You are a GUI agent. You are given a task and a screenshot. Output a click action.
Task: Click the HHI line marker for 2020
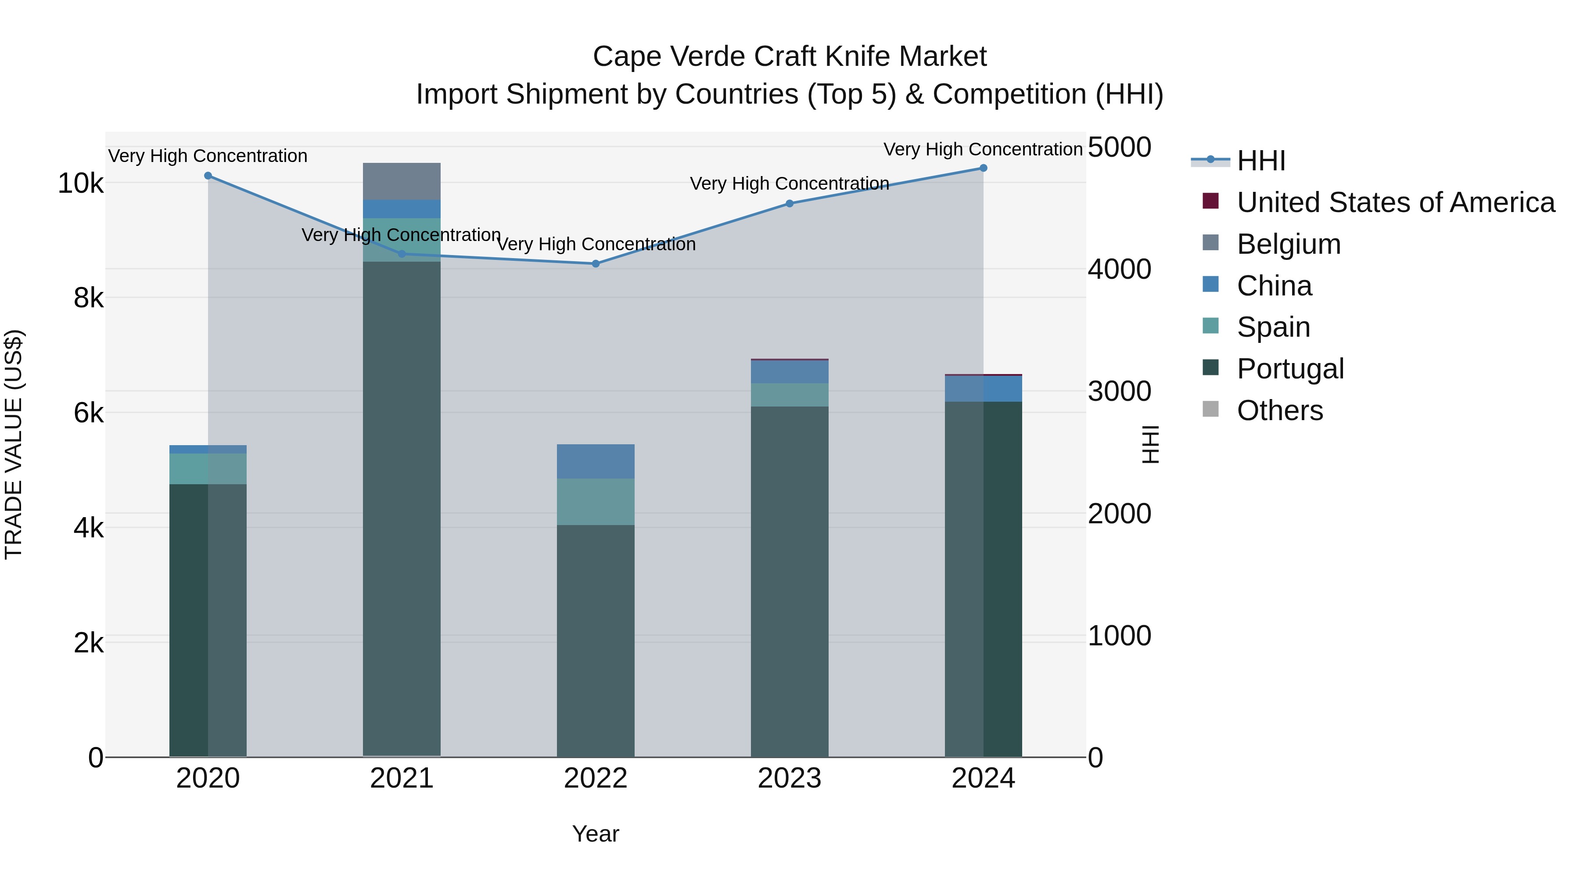(x=208, y=176)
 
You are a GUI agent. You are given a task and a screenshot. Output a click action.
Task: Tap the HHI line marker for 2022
(x=596, y=264)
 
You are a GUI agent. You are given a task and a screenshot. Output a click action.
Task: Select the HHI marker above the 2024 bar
(x=983, y=168)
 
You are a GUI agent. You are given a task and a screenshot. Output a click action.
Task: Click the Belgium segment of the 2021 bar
(x=402, y=182)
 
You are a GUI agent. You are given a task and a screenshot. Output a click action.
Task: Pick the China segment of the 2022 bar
(x=596, y=461)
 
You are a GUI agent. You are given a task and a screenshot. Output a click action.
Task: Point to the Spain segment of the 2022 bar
(x=596, y=502)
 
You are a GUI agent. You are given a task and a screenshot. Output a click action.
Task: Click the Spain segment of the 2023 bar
(x=790, y=395)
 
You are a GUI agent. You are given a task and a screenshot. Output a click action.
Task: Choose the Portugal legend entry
(x=1290, y=369)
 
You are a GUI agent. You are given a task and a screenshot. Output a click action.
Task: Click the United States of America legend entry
(x=1395, y=202)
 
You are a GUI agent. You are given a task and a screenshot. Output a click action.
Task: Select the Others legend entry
(x=1279, y=410)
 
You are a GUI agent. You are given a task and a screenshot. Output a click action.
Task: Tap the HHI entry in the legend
(x=1260, y=161)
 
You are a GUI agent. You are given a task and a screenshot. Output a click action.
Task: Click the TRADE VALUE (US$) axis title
(x=14, y=444)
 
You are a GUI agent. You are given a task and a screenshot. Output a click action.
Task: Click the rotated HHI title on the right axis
(x=1151, y=444)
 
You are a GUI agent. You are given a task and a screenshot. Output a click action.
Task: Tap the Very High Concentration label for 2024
(x=983, y=150)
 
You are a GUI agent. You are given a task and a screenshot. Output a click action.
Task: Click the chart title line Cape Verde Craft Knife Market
(x=790, y=57)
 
